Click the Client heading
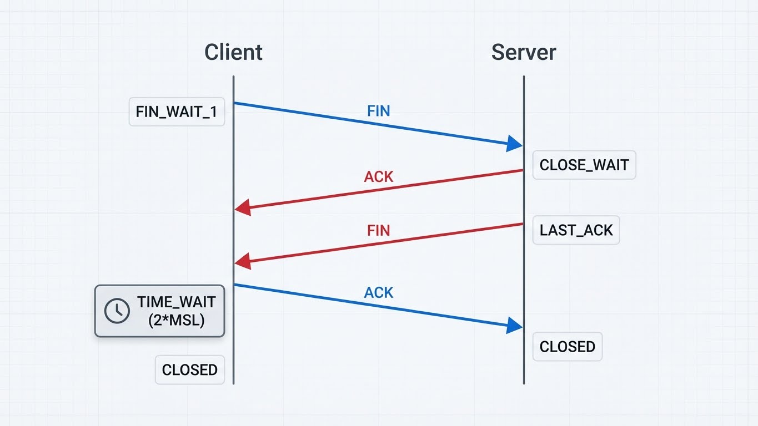233,52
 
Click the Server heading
523,52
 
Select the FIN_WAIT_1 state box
177,112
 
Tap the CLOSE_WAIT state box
584,165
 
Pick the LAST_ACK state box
576,230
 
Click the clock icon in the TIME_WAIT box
117,311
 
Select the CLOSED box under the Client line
189,370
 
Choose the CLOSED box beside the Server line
567,347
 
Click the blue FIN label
379,111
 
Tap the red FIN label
379,230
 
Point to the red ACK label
379,177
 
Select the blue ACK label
379,292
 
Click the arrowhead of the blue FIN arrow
515,143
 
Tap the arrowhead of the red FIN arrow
242,262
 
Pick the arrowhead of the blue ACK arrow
515,326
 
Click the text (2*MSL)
177,320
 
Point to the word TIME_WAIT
177,303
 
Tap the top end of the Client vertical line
233,77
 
